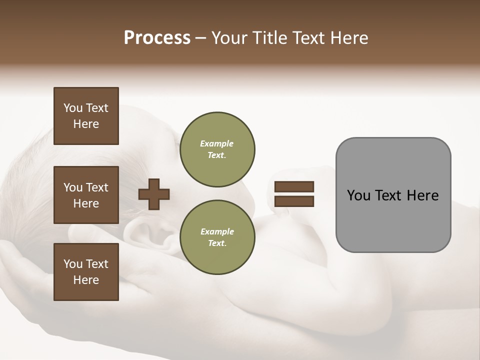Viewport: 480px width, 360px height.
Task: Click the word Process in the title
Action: click(157, 38)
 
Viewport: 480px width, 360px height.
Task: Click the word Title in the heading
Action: click(270, 38)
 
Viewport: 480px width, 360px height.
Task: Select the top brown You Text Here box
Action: click(86, 116)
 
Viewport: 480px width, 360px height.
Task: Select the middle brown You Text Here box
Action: click(86, 195)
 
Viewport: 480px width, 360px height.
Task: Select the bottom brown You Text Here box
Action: click(86, 271)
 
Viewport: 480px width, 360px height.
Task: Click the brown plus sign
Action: click(154, 194)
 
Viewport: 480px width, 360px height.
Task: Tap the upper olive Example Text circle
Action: click(217, 149)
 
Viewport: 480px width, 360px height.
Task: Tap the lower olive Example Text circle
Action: click(217, 237)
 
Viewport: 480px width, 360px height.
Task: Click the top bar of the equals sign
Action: click(294, 186)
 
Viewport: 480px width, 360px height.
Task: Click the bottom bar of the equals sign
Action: click(294, 201)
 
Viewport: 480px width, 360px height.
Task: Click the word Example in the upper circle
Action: click(217, 144)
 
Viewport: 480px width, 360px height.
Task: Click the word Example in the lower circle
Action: click(217, 232)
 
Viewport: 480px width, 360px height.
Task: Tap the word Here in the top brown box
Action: click(86, 124)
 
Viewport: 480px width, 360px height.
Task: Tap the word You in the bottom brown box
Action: click(73, 264)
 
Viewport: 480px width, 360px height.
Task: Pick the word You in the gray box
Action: click(358, 195)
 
